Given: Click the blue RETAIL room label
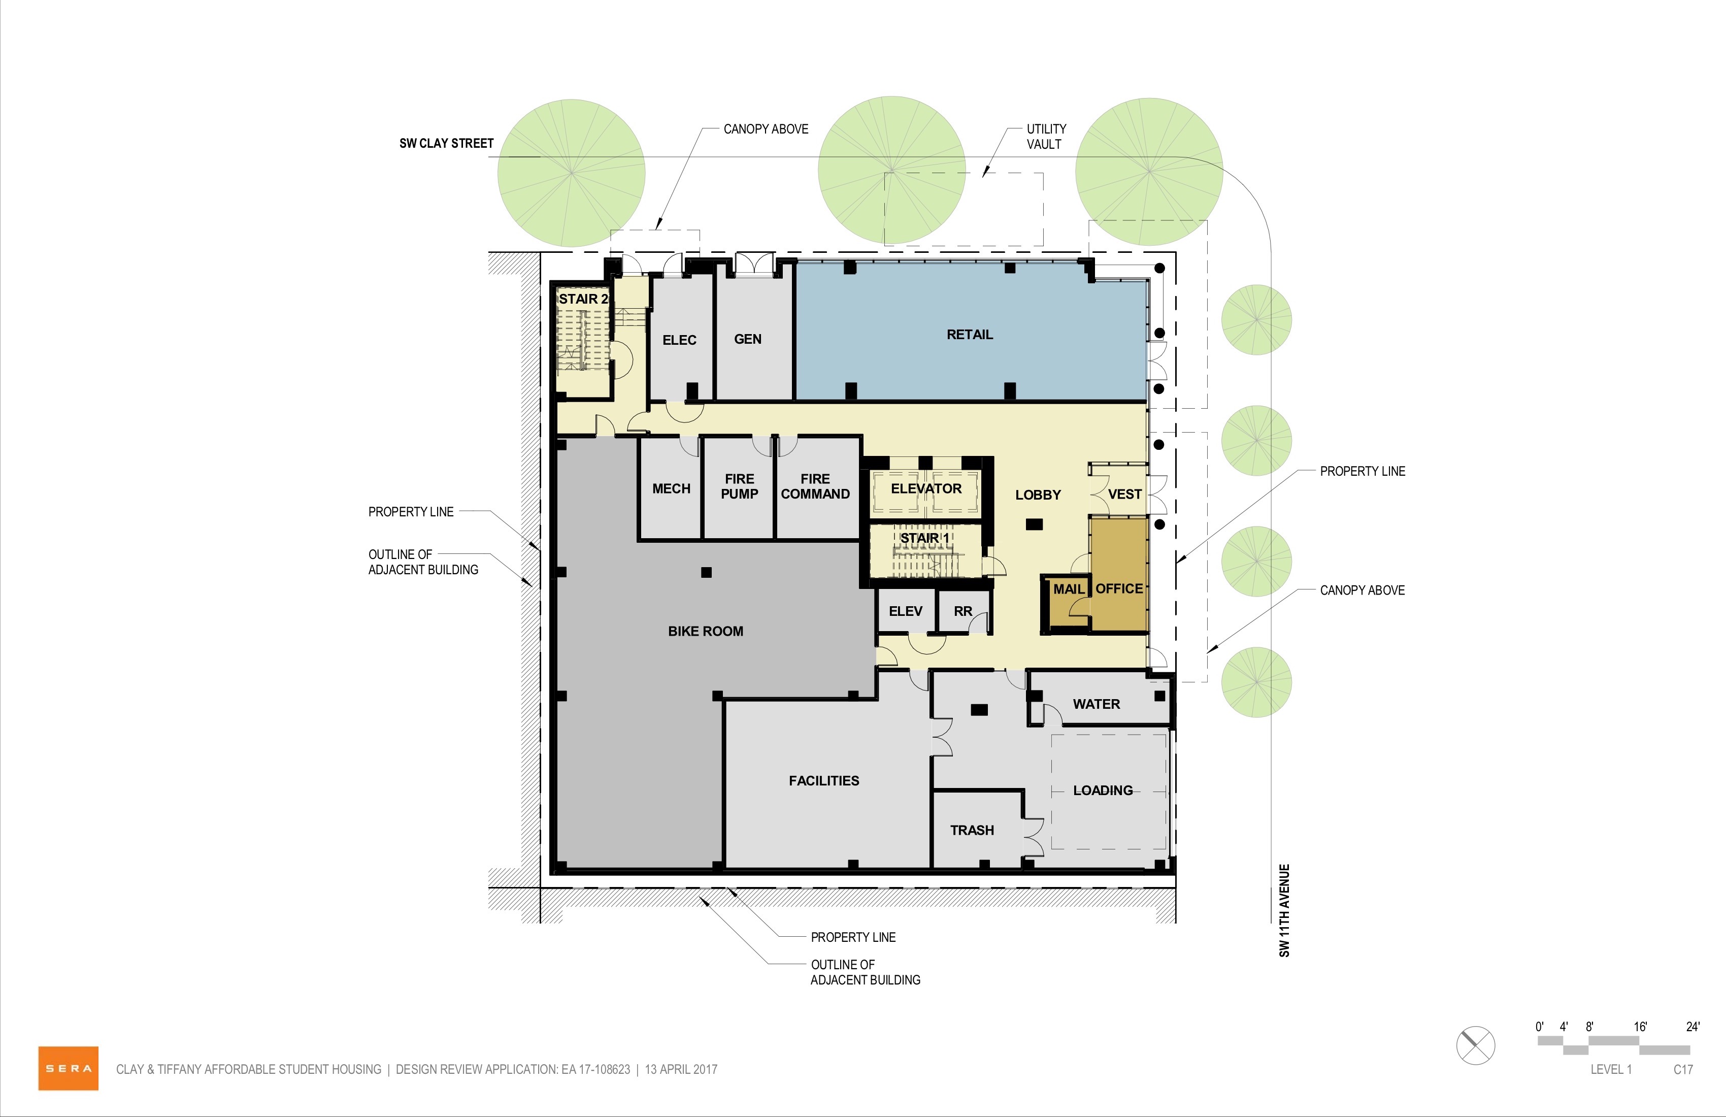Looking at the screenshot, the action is (x=970, y=335).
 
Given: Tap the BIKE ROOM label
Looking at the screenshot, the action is (x=706, y=631).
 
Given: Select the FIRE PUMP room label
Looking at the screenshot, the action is (x=739, y=486).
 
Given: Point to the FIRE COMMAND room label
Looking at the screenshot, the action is (x=815, y=486).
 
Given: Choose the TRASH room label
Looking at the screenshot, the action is (x=972, y=830).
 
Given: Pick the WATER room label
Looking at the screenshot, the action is (x=1096, y=704).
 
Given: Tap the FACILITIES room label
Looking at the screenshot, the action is (x=824, y=780).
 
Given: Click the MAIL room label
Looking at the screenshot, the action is (x=1069, y=589).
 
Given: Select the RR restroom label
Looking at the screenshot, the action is (x=962, y=611).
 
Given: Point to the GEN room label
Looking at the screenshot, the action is (x=748, y=339).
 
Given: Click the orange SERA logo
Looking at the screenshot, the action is (x=68, y=1068).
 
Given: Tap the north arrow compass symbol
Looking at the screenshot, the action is (x=1476, y=1046).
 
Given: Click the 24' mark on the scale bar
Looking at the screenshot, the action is (x=1692, y=1026).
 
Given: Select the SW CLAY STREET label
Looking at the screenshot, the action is (x=446, y=143).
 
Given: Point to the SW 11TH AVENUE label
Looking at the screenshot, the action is (x=1284, y=910).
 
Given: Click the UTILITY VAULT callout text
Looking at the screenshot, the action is (x=1046, y=137).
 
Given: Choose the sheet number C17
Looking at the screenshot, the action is (x=1683, y=1069).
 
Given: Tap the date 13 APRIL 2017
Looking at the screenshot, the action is (x=681, y=1069).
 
